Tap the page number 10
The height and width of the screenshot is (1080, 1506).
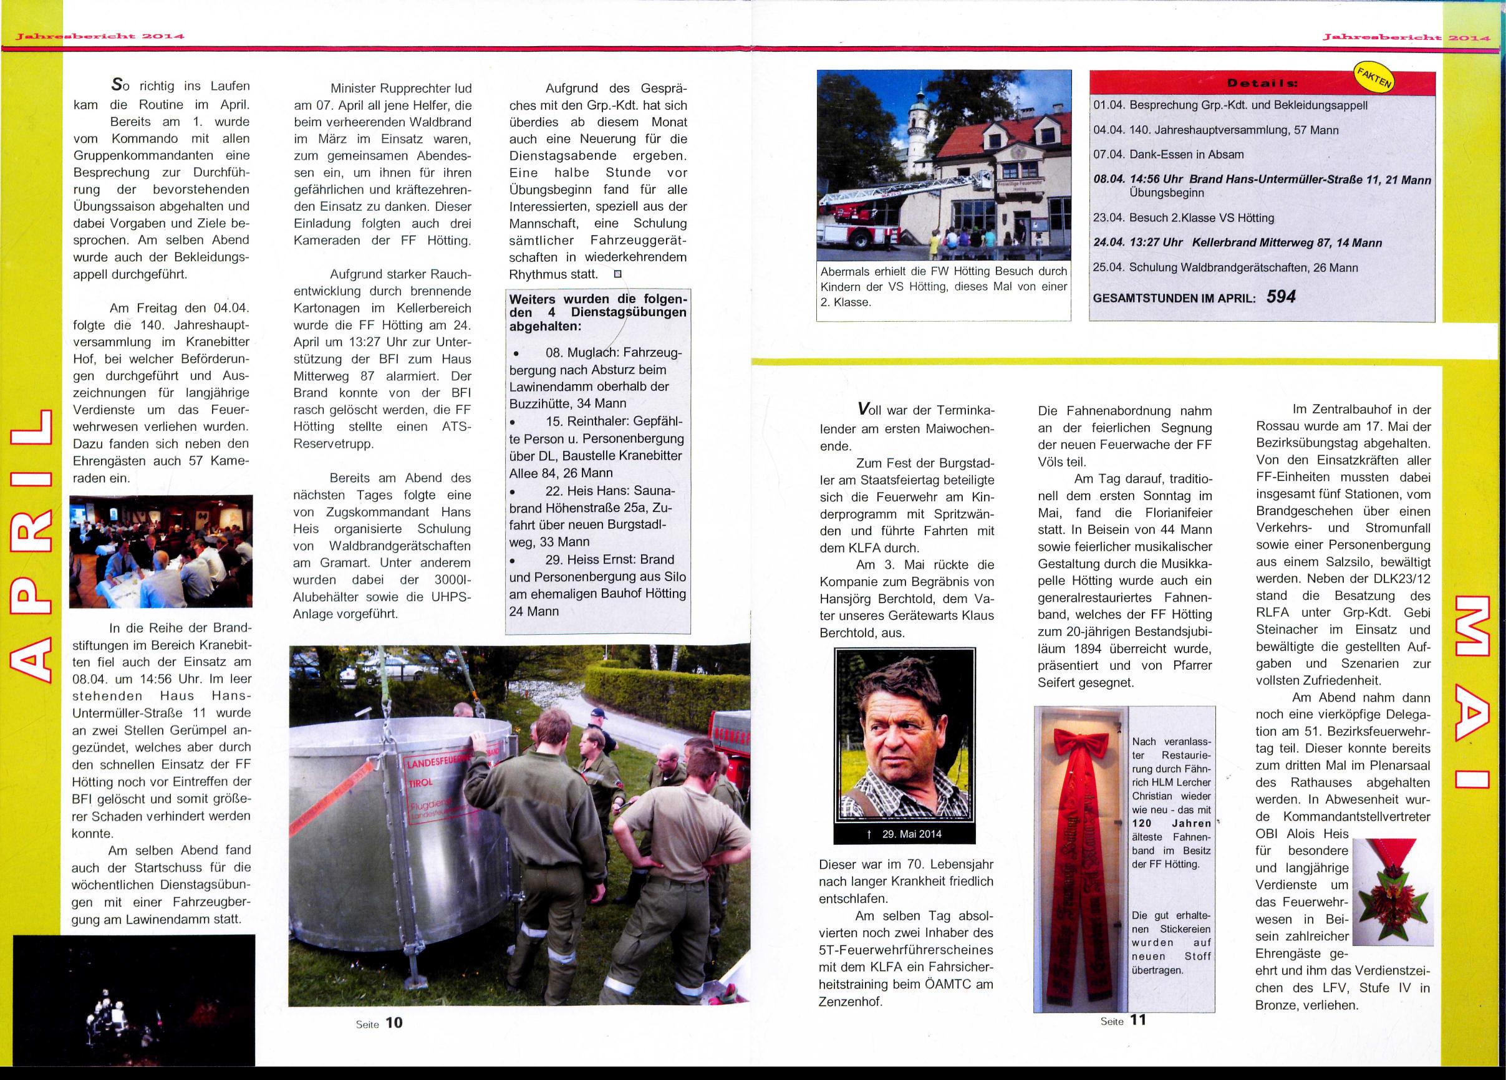[x=393, y=1022]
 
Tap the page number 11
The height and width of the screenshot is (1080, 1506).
[x=1138, y=1020]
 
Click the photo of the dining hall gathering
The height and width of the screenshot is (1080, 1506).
[x=161, y=551]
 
